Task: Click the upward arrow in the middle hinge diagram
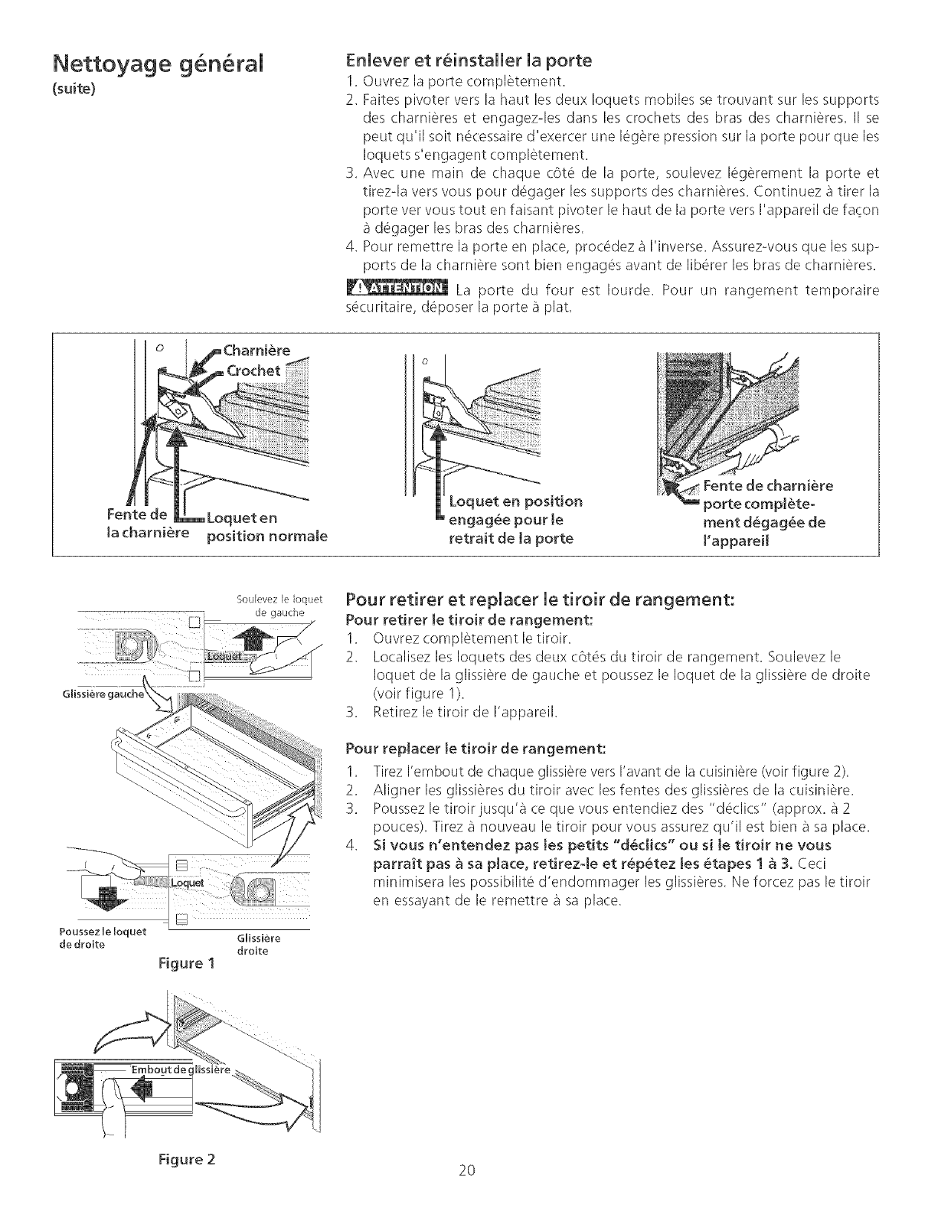[x=439, y=459]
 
